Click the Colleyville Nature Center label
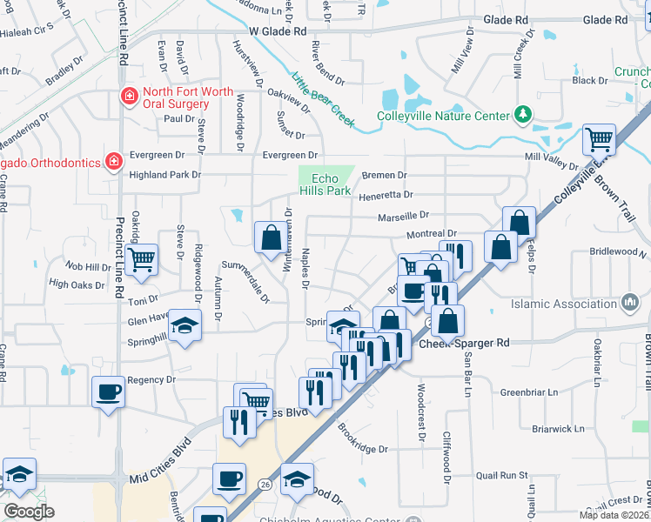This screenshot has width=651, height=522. coord(442,116)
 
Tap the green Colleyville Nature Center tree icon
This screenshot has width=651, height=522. coord(522,114)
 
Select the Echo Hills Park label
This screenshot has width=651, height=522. coord(325,184)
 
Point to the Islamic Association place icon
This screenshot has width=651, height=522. coord(629,303)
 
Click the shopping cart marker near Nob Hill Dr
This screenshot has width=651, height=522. coord(140,258)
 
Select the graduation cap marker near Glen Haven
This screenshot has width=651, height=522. coord(184,325)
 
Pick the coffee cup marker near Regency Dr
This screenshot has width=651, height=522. coord(109,391)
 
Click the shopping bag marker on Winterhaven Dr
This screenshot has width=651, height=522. coord(270,236)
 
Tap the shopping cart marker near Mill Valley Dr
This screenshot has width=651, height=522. coord(599,138)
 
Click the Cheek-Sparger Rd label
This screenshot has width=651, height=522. coord(464,343)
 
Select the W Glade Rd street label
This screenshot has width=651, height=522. coord(278,30)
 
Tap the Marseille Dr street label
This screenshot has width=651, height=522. coord(404,215)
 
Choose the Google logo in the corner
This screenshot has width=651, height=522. coord(29,512)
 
